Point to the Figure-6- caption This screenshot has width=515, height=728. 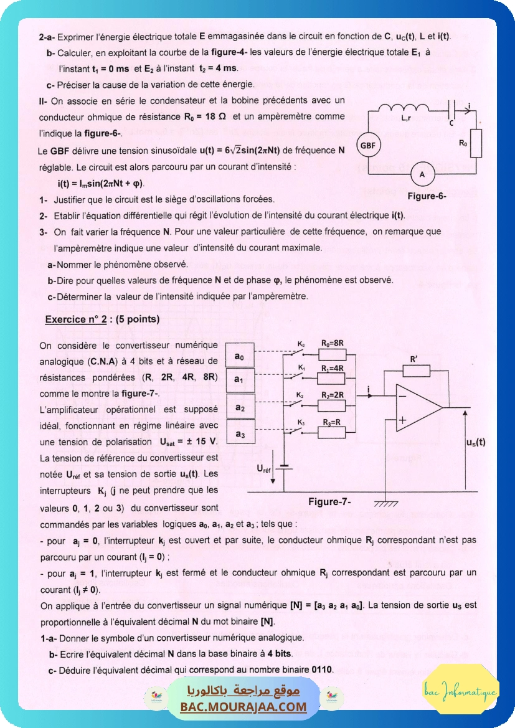[x=427, y=196]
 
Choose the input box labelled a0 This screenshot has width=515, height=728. [x=239, y=356]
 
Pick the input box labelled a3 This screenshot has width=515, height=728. [x=239, y=433]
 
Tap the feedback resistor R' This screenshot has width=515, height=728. [x=416, y=371]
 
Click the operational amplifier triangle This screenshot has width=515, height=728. [x=418, y=408]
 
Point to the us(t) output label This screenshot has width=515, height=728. [x=476, y=442]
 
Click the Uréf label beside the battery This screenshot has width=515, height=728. [x=264, y=468]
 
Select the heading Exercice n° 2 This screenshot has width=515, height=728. [x=102, y=319]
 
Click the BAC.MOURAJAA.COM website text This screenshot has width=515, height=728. [x=243, y=707]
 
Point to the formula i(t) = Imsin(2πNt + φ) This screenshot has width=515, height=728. [x=100, y=184]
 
